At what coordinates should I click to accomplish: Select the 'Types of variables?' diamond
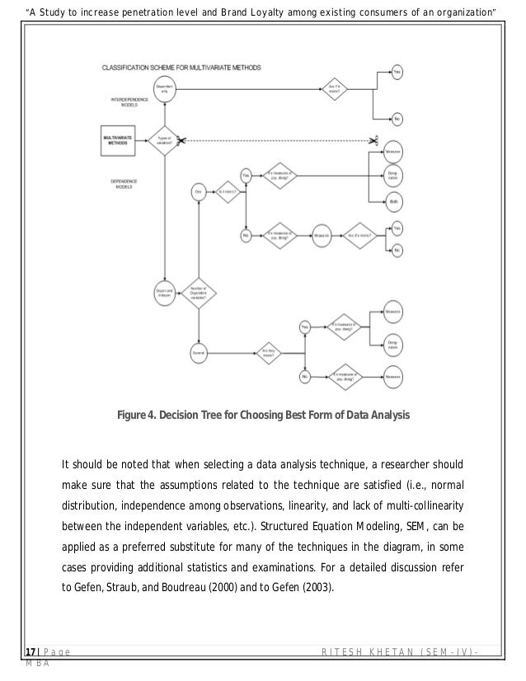tap(164, 139)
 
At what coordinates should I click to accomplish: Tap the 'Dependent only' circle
tap(164, 88)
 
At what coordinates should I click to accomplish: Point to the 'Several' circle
tap(198, 352)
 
